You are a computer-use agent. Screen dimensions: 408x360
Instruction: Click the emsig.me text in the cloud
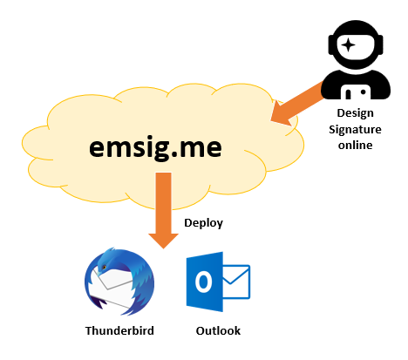click(x=155, y=147)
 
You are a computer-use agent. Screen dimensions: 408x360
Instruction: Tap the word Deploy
click(x=203, y=223)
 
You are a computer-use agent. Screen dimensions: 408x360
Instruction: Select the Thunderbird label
click(x=119, y=330)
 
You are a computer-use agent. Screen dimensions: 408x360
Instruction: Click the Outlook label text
click(x=218, y=330)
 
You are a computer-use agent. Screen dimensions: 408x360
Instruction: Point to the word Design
click(x=355, y=113)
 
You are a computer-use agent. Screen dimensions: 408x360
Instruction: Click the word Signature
click(x=355, y=129)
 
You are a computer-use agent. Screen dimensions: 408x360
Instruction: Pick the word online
click(x=355, y=145)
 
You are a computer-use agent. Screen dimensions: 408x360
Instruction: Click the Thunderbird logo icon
click(x=119, y=282)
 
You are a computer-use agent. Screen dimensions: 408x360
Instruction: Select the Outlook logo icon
click(x=218, y=282)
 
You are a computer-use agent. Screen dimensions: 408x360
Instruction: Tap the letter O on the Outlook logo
click(x=203, y=282)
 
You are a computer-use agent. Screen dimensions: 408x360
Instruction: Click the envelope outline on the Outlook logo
click(x=236, y=282)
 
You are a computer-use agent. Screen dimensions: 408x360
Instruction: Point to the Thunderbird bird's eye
click(x=104, y=267)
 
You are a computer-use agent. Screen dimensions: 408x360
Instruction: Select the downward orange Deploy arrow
click(x=163, y=211)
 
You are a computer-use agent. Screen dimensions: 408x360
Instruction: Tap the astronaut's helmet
click(x=356, y=45)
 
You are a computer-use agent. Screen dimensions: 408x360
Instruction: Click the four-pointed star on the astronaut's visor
click(x=348, y=45)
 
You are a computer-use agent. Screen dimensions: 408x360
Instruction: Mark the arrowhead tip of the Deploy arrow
click(x=163, y=248)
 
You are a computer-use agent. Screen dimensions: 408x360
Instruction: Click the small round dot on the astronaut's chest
click(x=363, y=92)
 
